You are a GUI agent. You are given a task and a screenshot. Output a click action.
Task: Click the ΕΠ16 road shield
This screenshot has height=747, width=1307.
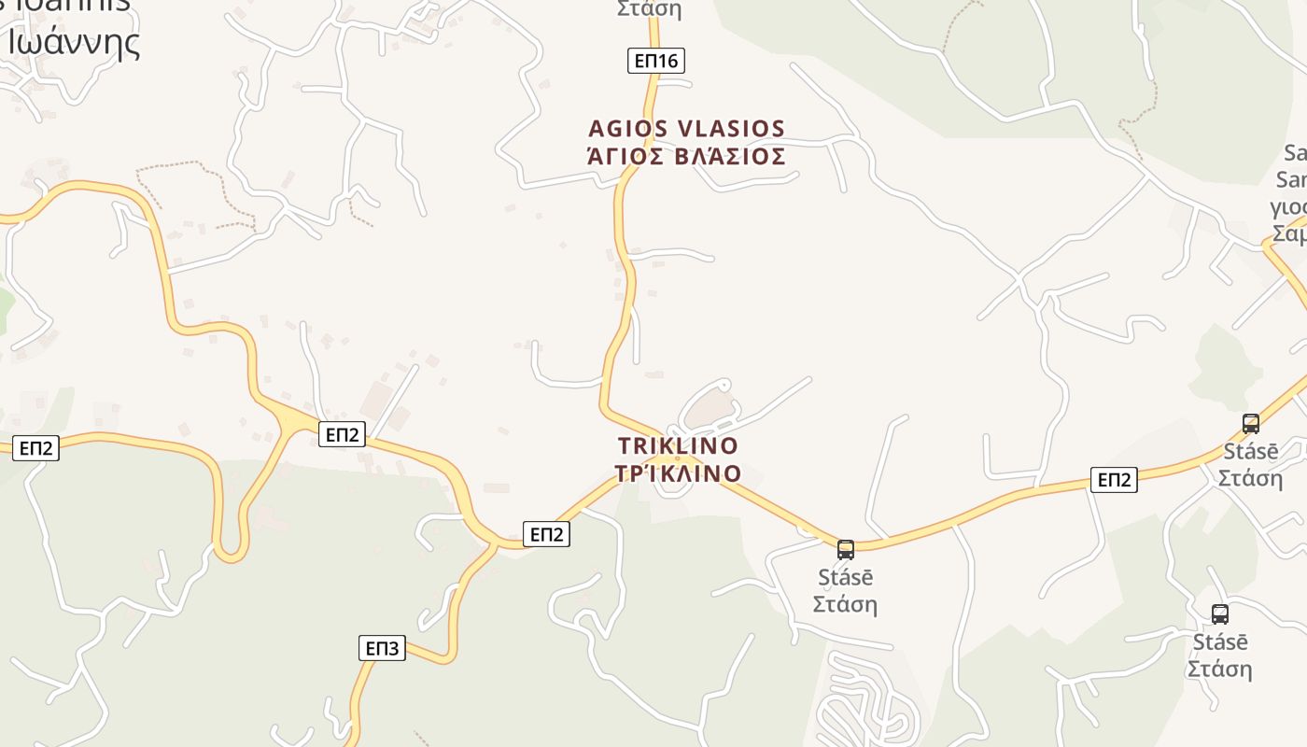point(656,62)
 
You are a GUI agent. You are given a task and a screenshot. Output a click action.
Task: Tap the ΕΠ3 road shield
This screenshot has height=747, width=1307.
point(382,648)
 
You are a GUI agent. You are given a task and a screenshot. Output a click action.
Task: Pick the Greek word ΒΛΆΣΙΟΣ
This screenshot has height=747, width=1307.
point(728,156)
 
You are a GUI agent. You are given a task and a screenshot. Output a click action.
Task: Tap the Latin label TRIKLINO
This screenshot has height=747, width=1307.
point(678,445)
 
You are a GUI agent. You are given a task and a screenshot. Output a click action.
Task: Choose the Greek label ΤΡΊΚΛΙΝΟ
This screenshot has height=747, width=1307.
point(678,473)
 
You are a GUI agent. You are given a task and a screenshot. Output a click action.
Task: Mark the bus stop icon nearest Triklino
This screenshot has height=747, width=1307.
point(846,549)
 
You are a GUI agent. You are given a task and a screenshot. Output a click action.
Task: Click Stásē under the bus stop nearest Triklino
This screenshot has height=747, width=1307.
point(845,577)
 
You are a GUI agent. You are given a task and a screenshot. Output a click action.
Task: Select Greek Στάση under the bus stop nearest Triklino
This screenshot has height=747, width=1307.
point(845,604)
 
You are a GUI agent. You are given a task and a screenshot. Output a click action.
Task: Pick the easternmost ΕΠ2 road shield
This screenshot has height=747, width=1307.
point(1114,480)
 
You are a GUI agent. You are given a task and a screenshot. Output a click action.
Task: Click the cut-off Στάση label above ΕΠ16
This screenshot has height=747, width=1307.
point(650,9)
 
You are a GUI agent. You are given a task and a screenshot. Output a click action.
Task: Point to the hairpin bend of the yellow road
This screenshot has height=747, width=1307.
point(231,553)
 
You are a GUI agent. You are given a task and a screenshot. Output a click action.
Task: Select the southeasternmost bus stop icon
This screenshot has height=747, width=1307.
point(1220,613)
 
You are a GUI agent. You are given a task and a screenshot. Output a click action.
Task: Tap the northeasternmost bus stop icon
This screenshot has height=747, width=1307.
point(1251,423)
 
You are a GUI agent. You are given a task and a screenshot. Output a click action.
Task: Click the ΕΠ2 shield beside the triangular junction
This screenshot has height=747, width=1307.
point(342,434)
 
